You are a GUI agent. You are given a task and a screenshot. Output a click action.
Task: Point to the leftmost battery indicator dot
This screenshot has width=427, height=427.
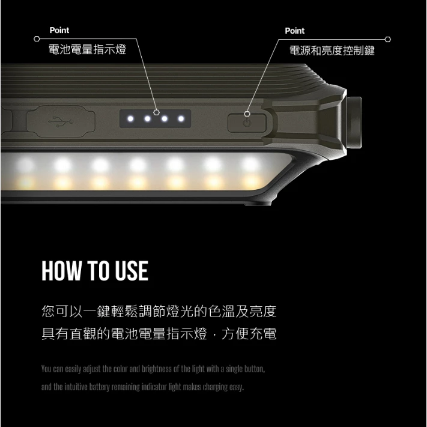130,118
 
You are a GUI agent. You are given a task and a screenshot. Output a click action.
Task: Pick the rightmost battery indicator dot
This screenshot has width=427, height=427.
181,118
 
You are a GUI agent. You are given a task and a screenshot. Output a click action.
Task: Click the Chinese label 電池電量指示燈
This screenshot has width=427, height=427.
87,49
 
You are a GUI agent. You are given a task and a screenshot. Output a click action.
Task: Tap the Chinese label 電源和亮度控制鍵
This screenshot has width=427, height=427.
332,50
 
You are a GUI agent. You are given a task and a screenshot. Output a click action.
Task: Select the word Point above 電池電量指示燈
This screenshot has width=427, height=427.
59,30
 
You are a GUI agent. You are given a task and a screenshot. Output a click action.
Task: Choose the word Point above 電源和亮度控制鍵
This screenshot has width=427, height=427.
294,31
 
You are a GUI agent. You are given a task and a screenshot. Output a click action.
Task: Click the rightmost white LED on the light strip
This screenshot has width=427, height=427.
250,164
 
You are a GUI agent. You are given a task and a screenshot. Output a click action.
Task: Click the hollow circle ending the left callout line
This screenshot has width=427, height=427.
37,40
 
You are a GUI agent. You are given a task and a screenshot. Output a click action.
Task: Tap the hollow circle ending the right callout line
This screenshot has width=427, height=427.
387,40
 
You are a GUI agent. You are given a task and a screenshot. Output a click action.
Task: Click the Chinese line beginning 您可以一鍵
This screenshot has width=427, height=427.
159,312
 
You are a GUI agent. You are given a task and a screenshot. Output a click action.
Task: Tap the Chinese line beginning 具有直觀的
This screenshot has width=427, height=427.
159,334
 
